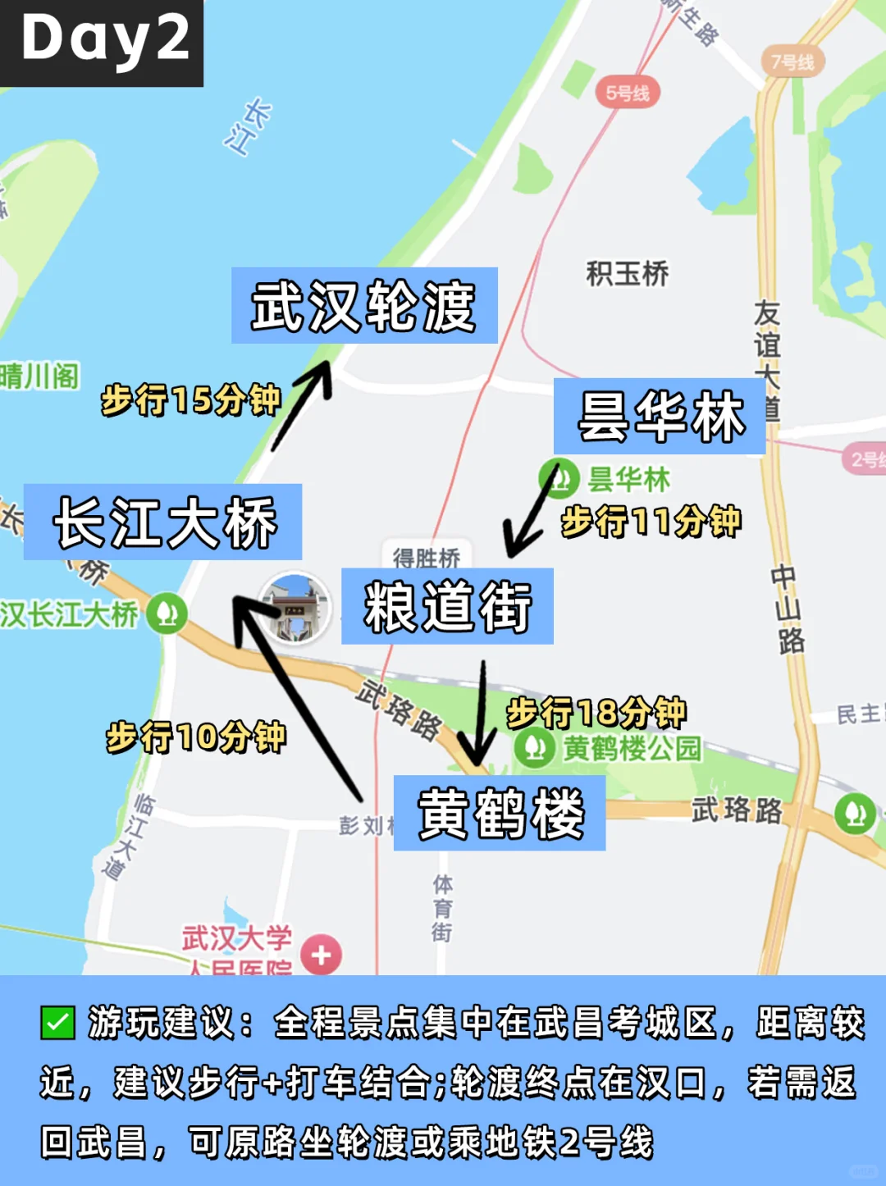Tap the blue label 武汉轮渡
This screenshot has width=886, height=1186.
364,306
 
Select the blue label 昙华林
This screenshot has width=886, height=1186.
660,417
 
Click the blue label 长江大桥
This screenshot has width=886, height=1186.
163,522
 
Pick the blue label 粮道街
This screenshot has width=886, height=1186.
447,606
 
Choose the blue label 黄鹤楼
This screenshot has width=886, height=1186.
500,814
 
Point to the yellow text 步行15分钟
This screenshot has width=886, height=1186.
191,400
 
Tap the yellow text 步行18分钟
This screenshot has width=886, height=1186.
596,712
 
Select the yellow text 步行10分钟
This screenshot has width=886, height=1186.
196,737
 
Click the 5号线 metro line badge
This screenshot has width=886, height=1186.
628,94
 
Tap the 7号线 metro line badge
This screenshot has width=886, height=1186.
792,62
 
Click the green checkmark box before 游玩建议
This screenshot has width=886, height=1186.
57,1023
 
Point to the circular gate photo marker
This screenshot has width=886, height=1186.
295,607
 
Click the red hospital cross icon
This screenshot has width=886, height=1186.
321,955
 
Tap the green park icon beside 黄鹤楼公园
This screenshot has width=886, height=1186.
534,748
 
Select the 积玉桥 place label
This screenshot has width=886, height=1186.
628,273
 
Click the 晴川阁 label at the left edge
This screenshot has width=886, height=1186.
39,376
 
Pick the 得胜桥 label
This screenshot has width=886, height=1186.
427,557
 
